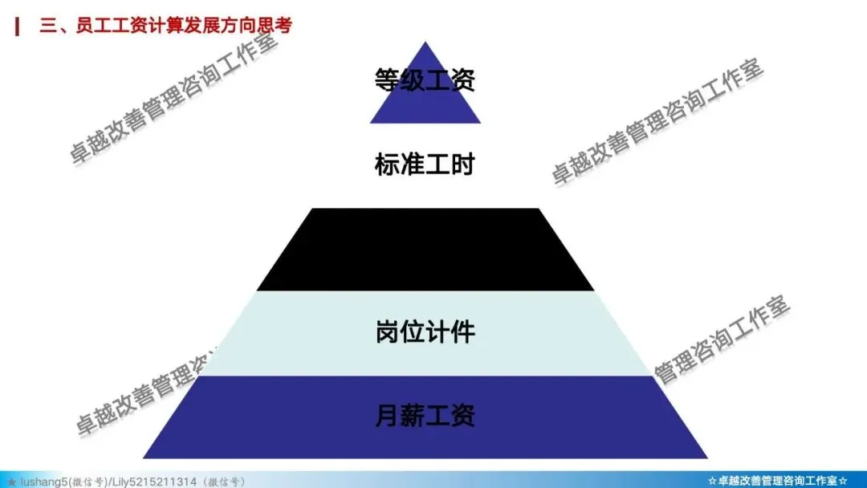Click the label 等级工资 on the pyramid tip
pos(425,80)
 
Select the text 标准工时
pos(425,165)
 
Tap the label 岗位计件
pos(425,331)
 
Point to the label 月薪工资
pos(425,416)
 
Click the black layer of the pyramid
pos(425,250)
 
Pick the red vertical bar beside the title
pos(18,26)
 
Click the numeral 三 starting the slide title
pos(47,26)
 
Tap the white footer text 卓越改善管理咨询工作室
pos(778,481)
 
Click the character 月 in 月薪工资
pos(388,416)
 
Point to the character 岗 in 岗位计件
pos(388,331)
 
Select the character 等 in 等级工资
pos(388,80)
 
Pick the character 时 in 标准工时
pos(463,165)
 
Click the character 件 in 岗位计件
pos(463,331)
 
